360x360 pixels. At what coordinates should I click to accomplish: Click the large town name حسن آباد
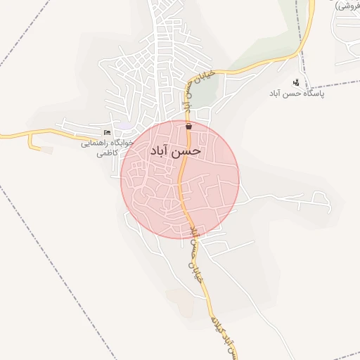click(176, 150)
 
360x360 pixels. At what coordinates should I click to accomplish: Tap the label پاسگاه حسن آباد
click(296, 93)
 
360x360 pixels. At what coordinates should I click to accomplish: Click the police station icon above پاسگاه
click(296, 82)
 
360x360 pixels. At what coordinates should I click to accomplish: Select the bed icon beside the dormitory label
click(107, 132)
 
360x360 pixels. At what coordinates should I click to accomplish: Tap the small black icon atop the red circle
click(188, 127)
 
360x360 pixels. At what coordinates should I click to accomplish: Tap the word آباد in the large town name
click(163, 151)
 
